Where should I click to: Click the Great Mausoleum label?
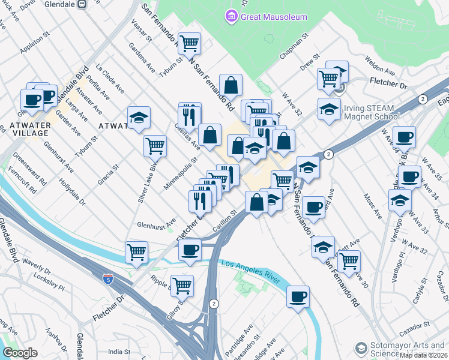(x=274, y=17)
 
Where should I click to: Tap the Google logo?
(x=20, y=353)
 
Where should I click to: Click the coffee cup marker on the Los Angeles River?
(x=298, y=296)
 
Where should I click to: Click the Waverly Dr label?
(x=36, y=266)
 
